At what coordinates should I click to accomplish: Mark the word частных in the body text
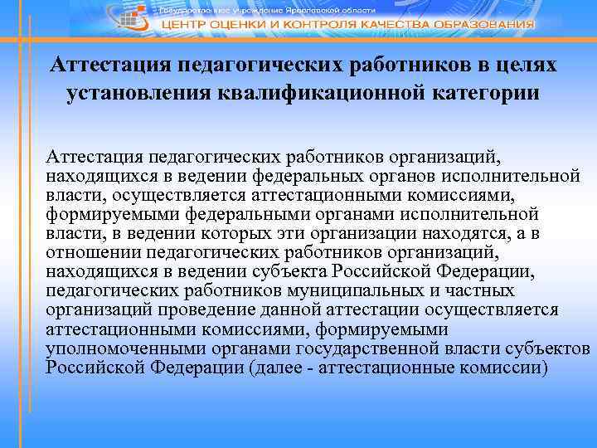[x=478, y=290]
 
